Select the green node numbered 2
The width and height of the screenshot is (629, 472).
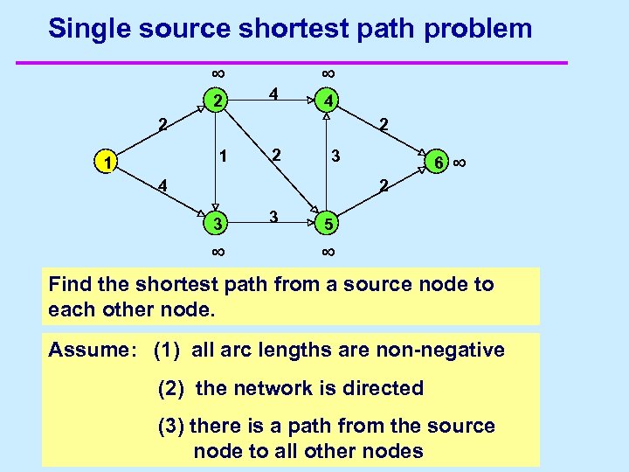[216, 101]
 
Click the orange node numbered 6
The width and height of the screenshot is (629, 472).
[439, 163]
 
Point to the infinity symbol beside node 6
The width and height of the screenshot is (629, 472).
[461, 163]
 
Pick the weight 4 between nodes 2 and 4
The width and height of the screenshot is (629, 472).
[273, 93]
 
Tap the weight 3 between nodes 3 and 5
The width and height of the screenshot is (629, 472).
[273, 216]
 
